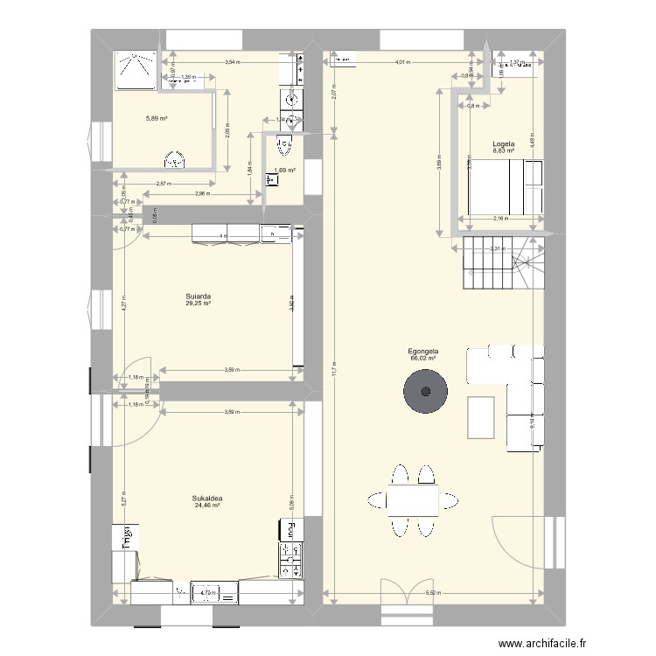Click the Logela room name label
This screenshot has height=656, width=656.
(x=503, y=143)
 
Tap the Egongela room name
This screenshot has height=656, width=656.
(x=422, y=350)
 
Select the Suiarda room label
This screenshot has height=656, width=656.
(x=198, y=296)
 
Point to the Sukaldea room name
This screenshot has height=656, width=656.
(x=207, y=499)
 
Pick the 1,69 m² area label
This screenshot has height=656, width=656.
(x=284, y=171)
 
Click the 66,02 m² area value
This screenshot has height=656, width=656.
(x=422, y=357)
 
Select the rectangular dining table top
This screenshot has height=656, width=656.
(x=413, y=500)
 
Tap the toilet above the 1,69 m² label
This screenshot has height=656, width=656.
(x=284, y=143)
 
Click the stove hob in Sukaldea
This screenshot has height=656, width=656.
(x=290, y=558)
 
